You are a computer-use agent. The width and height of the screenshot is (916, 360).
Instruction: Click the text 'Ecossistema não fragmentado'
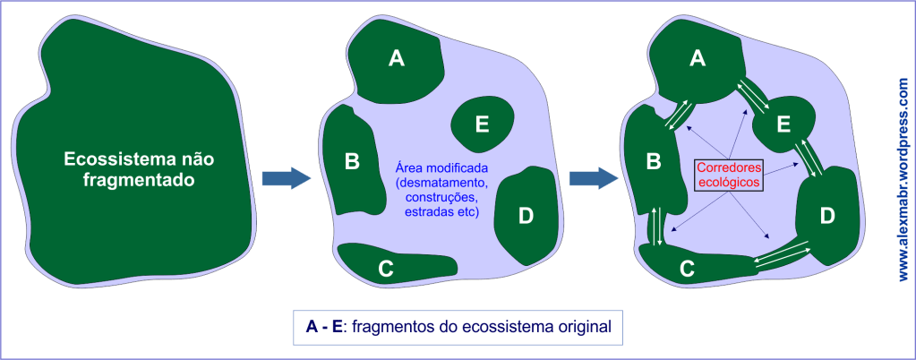point(141,169)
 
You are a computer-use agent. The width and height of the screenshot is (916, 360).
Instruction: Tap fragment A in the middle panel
point(397,60)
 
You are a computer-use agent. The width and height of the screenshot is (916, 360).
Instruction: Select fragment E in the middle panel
point(482,124)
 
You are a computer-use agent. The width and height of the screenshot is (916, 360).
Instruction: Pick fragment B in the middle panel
point(352,161)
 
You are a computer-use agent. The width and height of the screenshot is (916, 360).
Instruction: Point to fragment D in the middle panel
point(526,215)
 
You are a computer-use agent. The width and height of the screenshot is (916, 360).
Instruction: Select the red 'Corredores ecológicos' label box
point(729,175)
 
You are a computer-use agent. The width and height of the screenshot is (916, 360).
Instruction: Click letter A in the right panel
point(698,60)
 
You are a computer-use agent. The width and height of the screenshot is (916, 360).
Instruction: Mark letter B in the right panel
point(653,161)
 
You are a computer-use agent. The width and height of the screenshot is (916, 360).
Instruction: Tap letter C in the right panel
point(687,267)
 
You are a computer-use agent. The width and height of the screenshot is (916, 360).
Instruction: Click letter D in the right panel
point(826,215)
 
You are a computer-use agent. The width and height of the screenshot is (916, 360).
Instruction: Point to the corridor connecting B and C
point(656,225)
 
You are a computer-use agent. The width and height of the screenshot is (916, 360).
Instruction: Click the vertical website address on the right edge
point(902,179)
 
